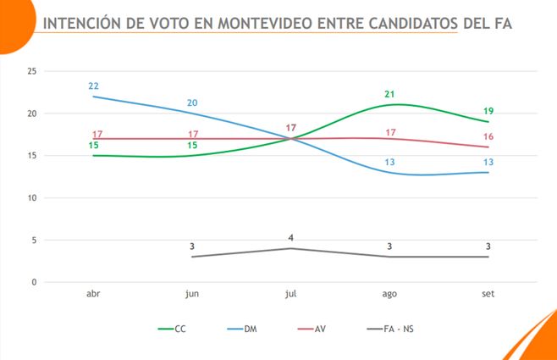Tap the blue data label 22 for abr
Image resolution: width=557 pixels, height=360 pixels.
coord(93,86)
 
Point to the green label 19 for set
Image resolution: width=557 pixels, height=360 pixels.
coord(488,111)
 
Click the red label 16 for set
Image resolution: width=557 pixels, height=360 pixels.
coord(488,136)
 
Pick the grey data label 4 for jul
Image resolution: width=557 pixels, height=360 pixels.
coord(290,237)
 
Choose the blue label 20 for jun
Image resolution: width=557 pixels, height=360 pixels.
coord(192,103)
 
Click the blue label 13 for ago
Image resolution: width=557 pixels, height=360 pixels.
coord(389,162)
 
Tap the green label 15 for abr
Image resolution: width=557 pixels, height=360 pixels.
coord(93,146)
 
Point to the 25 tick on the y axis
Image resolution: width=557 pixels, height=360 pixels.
coord(31,71)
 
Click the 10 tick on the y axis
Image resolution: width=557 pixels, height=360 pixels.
coord(31,197)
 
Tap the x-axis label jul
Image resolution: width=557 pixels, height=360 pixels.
coord(290,293)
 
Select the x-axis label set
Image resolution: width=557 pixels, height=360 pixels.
coord(488,293)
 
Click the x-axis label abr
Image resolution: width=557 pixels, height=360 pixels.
coord(93,293)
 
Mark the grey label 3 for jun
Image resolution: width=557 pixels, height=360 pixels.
coord(192,246)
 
